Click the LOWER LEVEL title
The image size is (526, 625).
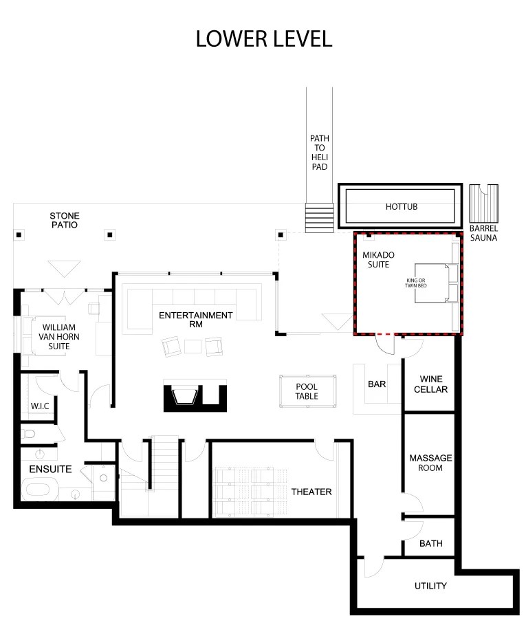pos(263,39)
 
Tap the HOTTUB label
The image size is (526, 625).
pos(401,207)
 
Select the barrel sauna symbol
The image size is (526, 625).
pos(483,202)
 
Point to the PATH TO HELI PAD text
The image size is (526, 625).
pos(319,153)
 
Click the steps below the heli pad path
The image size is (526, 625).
pos(319,219)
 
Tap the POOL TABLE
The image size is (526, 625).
pos(307,391)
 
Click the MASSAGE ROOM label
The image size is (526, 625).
pos(430,463)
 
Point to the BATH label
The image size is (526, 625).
pos(430,544)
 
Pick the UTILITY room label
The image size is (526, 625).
pos(430,586)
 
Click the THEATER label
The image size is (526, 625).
pos(311,492)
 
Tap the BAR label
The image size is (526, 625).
pos(376,384)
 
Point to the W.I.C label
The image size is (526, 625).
pos(39,406)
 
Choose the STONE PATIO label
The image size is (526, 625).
pos(63,219)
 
